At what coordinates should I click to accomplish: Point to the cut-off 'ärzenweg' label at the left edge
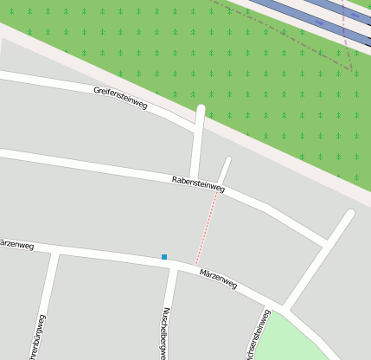[x=16, y=246]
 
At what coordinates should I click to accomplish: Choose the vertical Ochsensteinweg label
[x=252, y=338]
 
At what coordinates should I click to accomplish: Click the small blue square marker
[x=164, y=256]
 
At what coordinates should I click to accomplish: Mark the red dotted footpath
[x=207, y=228]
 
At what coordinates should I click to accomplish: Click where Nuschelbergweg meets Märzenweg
[x=173, y=266]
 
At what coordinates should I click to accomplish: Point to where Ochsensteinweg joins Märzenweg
[x=281, y=307]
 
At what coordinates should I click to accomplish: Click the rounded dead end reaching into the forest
[x=201, y=110]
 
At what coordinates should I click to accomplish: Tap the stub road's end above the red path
[x=227, y=160]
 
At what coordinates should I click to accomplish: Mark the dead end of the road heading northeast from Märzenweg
[x=349, y=214]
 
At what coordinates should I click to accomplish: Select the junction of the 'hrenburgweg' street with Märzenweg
[x=56, y=252]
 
